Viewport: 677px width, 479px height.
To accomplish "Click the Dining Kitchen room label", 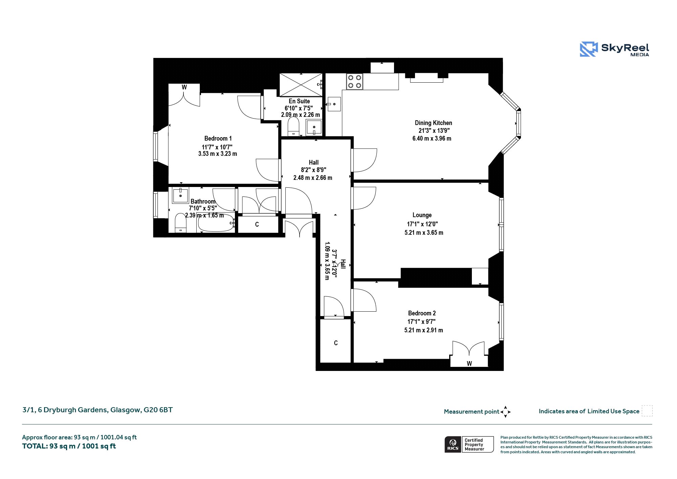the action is coord(433,123).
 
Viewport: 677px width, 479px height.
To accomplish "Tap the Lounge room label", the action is coord(422,215).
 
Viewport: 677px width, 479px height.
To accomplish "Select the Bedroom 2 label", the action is coord(422,313).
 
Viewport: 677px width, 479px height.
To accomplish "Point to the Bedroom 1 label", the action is coord(218,139).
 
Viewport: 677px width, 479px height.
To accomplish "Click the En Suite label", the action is coord(299,101).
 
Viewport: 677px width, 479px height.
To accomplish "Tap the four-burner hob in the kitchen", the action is coord(354,82).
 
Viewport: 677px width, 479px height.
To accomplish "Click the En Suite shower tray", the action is coord(301,85).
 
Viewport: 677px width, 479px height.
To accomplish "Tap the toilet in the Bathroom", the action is coord(180,223).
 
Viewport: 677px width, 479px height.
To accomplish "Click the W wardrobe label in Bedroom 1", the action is coord(184,87).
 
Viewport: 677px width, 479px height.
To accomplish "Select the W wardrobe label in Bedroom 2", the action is coord(469,364).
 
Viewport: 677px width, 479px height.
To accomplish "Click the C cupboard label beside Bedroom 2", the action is coord(336,343).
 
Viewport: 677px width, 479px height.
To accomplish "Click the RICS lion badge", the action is coord(453,444).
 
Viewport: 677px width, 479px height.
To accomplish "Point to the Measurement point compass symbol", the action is coord(505,412).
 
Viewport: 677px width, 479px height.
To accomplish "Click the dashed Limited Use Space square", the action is coord(647,411).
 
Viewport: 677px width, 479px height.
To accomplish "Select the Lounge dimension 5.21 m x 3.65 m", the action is coord(424,233).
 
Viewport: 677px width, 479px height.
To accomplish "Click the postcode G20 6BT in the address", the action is coord(158,410).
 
